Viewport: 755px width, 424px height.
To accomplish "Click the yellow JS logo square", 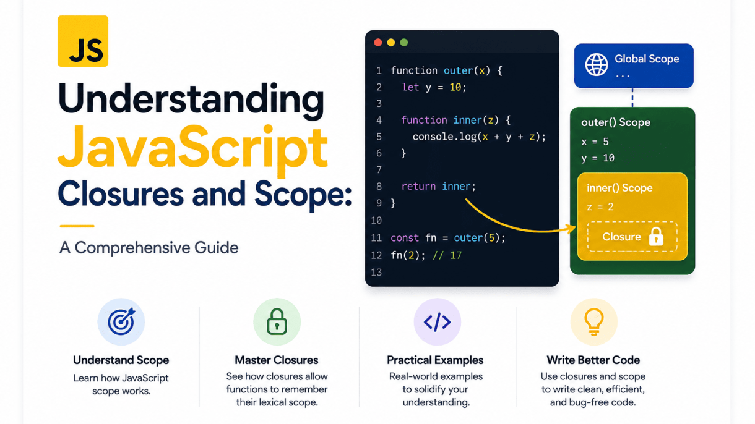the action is (83, 41).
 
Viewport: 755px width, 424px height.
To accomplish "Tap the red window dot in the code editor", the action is (378, 43).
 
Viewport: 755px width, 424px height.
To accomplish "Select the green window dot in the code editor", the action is (403, 43).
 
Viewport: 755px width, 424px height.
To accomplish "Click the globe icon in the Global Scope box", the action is (596, 64).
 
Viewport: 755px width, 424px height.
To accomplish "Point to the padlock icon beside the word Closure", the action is (656, 236).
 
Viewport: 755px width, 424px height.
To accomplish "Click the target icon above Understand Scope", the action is (121, 321).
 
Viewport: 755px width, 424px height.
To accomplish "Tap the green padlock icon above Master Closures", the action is (277, 321).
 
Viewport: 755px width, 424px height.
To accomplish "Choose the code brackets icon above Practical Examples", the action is (437, 322).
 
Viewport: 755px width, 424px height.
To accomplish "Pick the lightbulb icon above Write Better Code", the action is (593, 322).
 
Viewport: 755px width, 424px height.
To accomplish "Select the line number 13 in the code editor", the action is (376, 272).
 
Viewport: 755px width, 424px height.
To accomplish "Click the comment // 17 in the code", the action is (447, 255).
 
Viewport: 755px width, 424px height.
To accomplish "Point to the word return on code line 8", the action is (418, 186).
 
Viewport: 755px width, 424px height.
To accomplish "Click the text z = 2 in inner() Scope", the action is (600, 206).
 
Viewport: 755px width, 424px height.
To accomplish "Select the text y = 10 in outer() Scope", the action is (598, 158).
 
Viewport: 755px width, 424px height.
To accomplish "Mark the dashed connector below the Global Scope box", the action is (632, 98).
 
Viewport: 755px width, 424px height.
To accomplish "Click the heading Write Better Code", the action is (593, 360).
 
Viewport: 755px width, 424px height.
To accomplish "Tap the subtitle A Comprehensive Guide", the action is (149, 248).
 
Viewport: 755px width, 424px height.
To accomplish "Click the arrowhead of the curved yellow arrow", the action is (572, 229).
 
